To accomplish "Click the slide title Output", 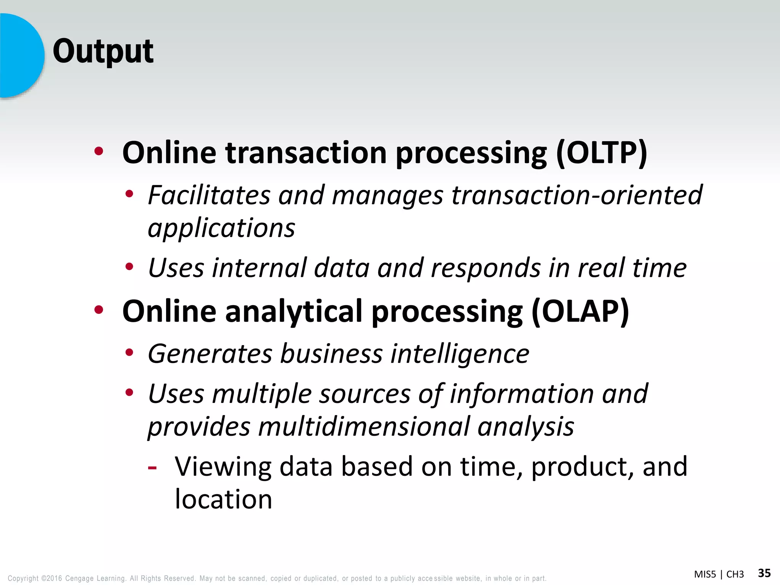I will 103,51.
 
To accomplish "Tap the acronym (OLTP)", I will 601,153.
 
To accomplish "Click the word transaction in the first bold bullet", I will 306,153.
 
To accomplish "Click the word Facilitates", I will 209,195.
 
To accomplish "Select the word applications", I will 221,229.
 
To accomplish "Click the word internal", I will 259,268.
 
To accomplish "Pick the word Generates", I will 210,354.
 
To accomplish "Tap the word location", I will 224,499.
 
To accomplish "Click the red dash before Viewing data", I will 152,467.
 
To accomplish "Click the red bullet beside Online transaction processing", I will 99,152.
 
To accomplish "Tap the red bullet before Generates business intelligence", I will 129,353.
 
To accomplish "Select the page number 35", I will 764,573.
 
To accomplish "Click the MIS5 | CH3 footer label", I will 719,574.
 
